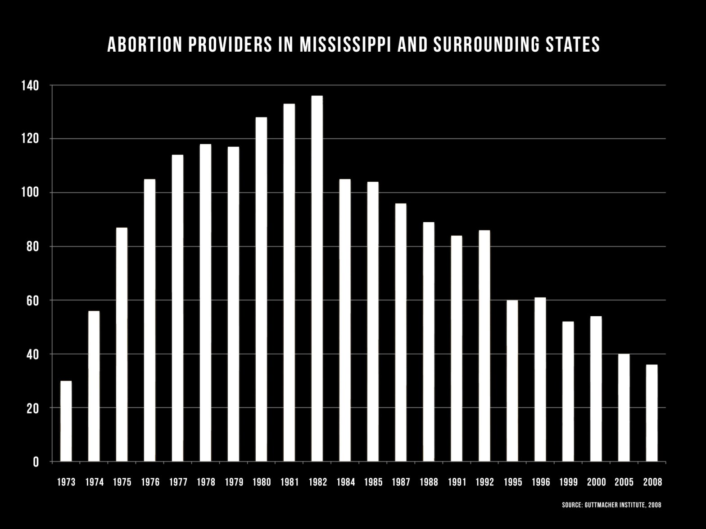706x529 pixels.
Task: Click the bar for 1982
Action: click(317, 279)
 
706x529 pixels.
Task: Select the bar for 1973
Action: click(66, 421)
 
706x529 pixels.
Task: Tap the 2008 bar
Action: click(652, 413)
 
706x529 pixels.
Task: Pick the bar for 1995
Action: click(512, 381)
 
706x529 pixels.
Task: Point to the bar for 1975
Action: click(122, 345)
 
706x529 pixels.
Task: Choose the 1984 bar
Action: click(345, 320)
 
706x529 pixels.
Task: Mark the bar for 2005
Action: click(624, 408)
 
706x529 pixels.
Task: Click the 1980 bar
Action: click(261, 289)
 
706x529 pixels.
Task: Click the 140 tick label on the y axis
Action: click(30, 85)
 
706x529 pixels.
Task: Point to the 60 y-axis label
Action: click(32, 301)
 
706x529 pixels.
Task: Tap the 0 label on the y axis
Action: click(36, 462)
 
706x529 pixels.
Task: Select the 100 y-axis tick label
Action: click(30, 193)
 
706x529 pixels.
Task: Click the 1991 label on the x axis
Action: click(457, 482)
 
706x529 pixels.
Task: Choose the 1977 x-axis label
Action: click(178, 482)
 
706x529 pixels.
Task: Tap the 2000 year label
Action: click(596, 482)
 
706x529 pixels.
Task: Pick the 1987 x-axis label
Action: click(401, 482)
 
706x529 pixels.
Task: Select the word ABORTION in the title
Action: click(145, 45)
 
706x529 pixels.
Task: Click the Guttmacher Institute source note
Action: click(611, 505)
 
